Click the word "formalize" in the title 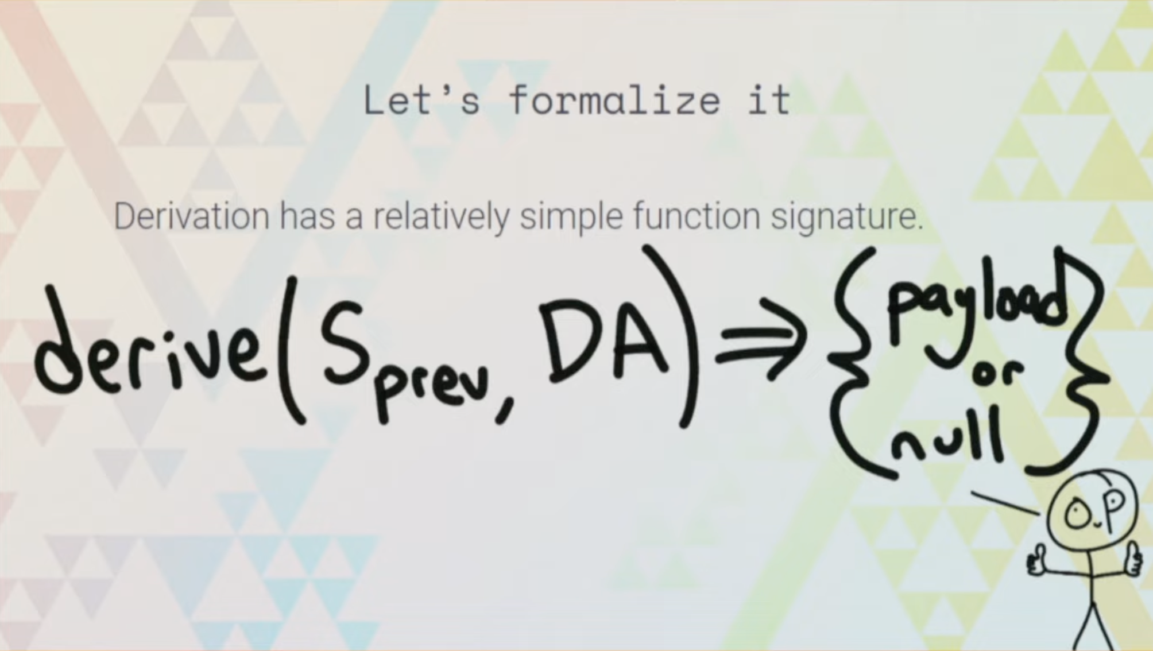point(614,100)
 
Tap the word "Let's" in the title point(421,100)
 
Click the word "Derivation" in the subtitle point(191,216)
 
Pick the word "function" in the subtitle point(697,216)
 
